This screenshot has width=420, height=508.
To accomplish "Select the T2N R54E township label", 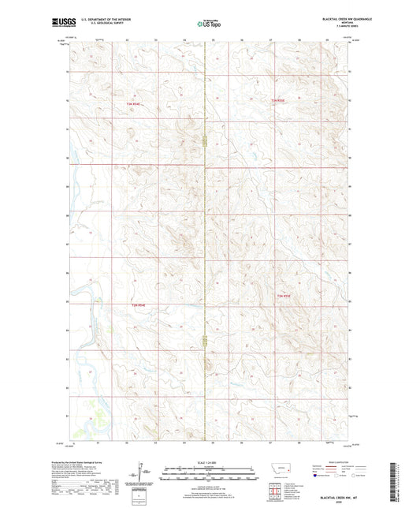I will pos(139,303).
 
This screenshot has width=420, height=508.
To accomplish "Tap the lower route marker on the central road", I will pos(206,342).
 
